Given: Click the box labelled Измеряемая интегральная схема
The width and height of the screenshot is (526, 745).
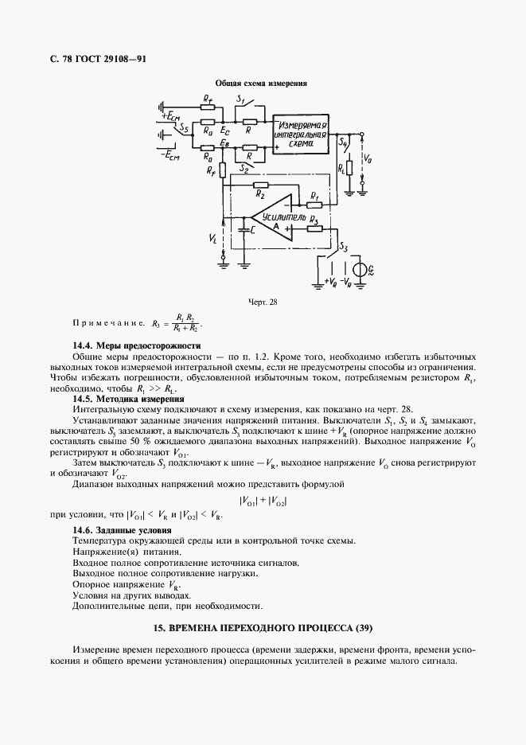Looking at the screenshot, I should point(301,135).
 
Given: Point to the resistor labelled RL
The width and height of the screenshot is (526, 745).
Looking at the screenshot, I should point(349,169).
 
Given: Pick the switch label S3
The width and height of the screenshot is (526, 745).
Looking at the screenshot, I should point(344,247).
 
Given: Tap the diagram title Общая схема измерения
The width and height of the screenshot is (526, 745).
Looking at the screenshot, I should point(262,83).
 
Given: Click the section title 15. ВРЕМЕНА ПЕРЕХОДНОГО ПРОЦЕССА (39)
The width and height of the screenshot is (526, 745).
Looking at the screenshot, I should point(262,627).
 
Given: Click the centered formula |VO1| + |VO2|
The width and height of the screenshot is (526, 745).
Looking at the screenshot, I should point(262,501).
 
